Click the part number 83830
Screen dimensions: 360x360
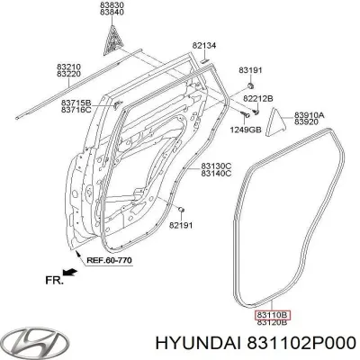click(x=112, y=4)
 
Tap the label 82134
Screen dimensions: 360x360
click(x=204, y=44)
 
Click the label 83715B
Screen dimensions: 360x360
click(x=76, y=103)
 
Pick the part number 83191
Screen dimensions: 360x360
click(x=250, y=69)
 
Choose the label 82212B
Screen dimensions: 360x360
click(x=259, y=96)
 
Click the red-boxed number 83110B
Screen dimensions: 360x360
click(x=271, y=314)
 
